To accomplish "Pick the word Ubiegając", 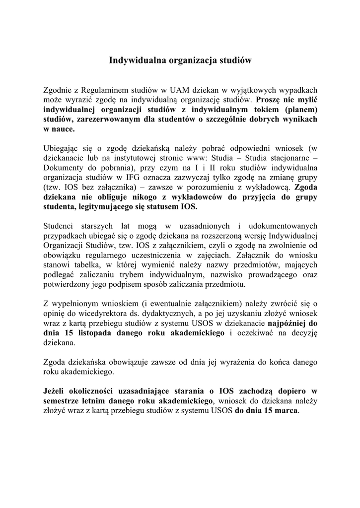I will click(60, 148).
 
